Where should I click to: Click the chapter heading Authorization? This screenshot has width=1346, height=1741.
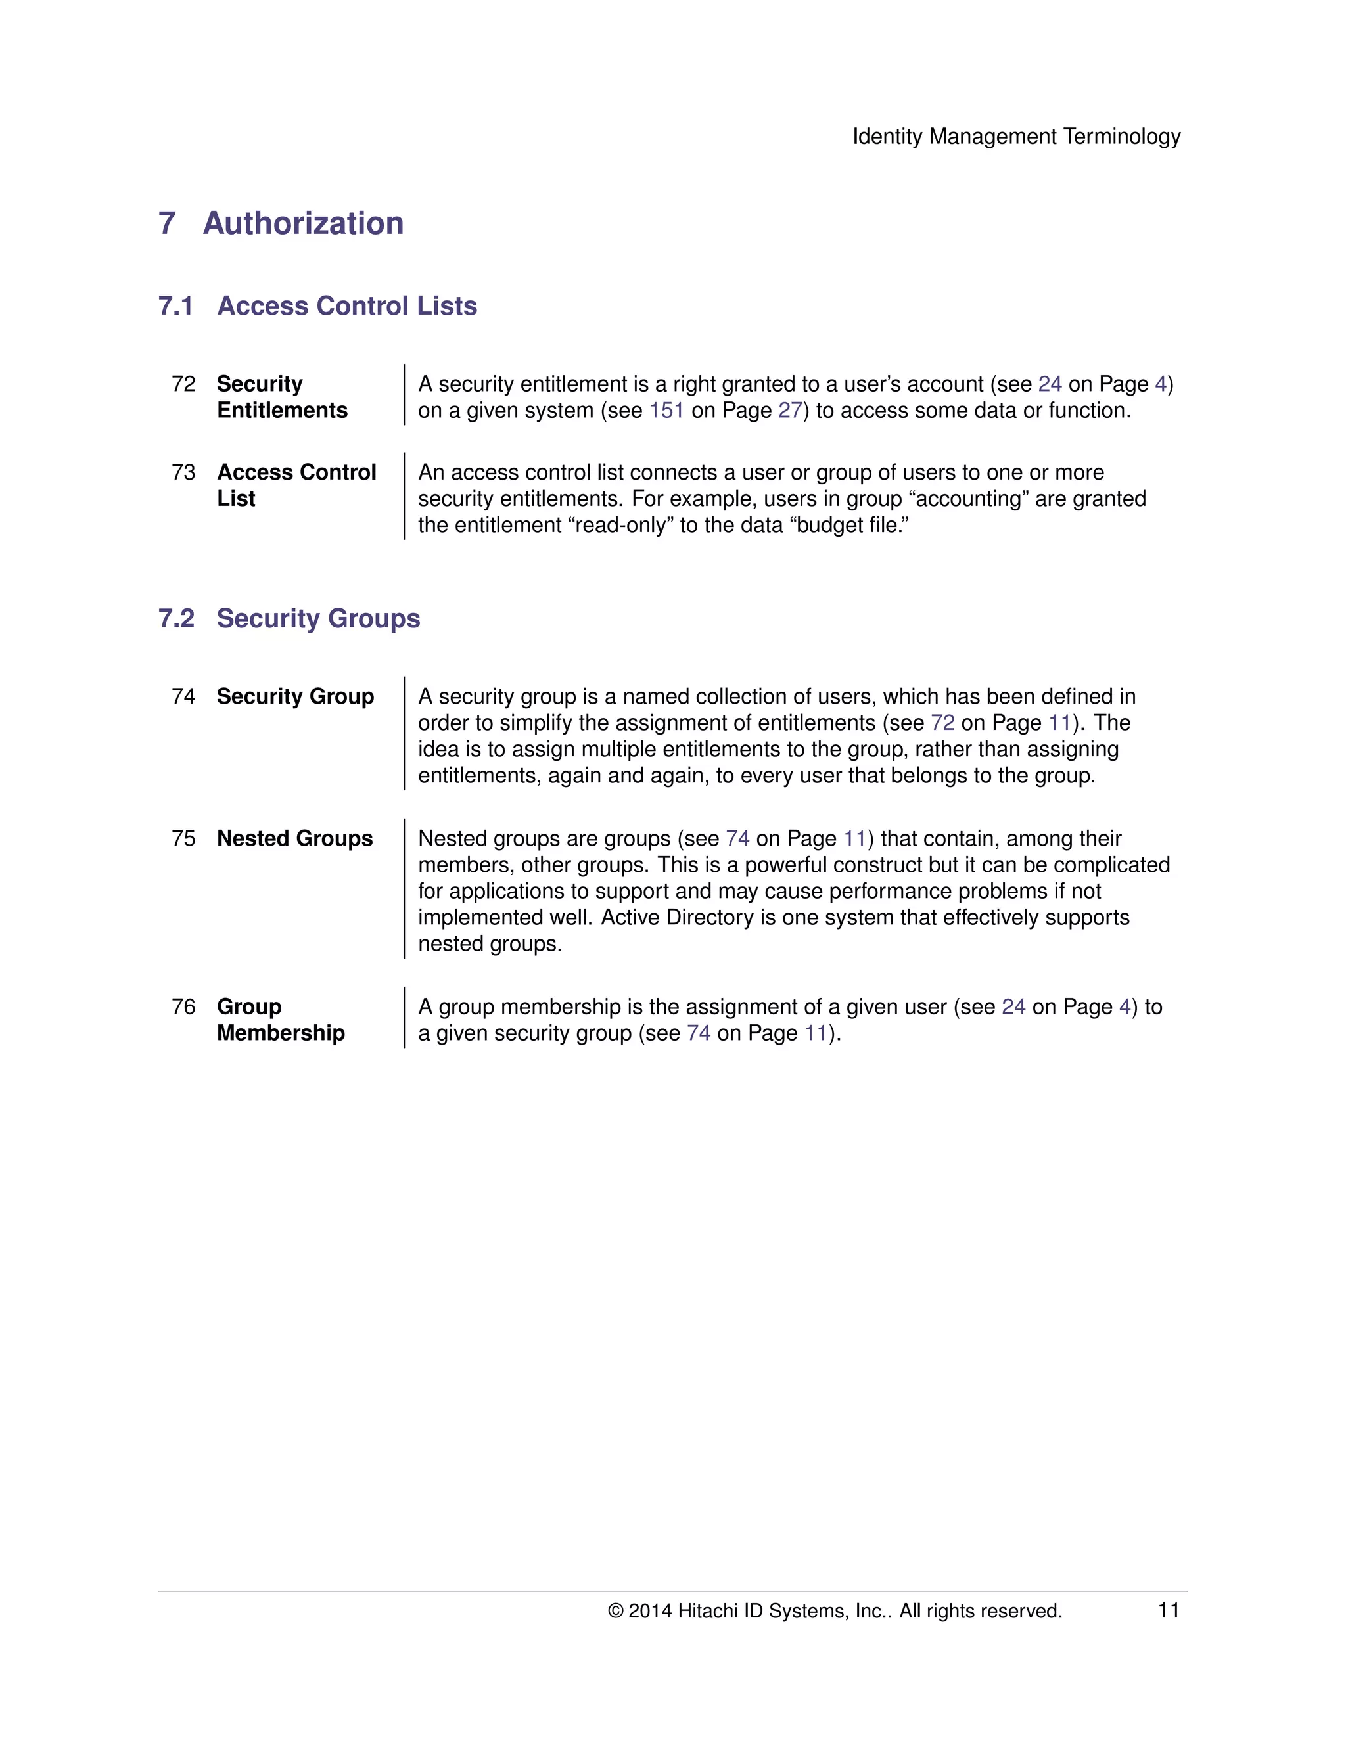[x=303, y=223]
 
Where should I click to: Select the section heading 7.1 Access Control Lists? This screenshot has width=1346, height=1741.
[x=317, y=306]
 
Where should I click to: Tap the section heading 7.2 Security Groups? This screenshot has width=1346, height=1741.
[x=289, y=619]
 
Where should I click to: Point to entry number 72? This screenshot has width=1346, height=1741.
[x=183, y=384]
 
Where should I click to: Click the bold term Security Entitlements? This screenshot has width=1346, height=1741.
[x=281, y=397]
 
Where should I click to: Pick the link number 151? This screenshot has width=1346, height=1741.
[x=666, y=411]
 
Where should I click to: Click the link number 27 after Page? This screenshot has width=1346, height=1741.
[x=789, y=411]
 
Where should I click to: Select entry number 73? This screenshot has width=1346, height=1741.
[x=183, y=473]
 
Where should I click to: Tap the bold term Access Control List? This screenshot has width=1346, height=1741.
[x=296, y=485]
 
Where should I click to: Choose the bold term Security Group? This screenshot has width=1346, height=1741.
[x=295, y=696]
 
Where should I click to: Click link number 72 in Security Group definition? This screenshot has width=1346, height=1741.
[x=942, y=723]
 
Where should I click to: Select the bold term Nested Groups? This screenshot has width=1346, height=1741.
[x=294, y=838]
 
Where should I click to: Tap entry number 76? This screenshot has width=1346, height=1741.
[x=183, y=1006]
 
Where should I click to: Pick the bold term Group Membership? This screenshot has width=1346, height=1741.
[x=281, y=1020]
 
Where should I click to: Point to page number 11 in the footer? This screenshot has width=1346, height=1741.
[x=1168, y=1610]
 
